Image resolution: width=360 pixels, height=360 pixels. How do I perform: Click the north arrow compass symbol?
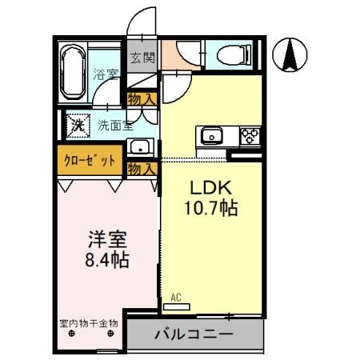point(290,54)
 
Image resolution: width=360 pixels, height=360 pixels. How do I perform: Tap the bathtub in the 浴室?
point(73,72)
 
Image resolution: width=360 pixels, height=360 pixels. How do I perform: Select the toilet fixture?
point(234,55)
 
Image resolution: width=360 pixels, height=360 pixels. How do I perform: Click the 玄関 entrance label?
point(142,58)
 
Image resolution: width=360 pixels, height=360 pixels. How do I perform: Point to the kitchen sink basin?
point(211,135)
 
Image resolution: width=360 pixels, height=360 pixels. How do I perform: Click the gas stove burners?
point(250,136)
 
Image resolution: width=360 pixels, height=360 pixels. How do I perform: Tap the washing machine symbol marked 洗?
point(78,126)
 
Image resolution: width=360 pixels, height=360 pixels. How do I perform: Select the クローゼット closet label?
point(90,161)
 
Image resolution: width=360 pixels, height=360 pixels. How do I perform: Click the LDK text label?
point(210,187)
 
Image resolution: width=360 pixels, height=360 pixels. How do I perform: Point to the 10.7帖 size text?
point(210,208)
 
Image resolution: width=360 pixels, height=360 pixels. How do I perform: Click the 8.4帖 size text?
point(107,259)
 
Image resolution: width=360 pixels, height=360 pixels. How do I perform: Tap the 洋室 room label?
point(107,239)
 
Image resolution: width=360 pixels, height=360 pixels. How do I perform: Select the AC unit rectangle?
point(177,306)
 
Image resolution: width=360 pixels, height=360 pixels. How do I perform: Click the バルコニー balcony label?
point(194,334)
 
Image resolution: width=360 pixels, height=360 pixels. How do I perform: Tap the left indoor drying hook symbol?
point(71,334)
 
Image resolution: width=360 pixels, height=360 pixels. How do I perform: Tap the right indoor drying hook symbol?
point(110,334)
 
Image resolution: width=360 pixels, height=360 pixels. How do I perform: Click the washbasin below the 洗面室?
point(140,147)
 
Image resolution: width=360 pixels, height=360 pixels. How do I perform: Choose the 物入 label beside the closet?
point(142,169)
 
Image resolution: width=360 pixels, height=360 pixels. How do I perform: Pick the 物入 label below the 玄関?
point(142,99)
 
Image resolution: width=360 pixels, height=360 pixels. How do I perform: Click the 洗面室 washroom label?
point(115,126)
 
